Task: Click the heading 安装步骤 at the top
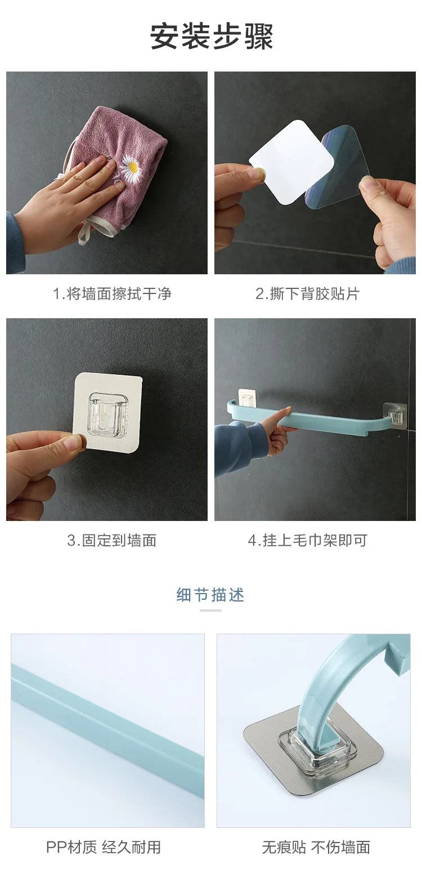point(211,37)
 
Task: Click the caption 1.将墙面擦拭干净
point(112,293)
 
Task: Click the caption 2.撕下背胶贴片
point(307,293)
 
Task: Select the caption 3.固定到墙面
point(112,541)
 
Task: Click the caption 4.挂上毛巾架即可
point(307,541)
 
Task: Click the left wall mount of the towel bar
point(245,399)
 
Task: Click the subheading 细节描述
point(210,595)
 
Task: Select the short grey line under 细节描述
point(210,610)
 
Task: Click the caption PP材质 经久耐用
point(104,847)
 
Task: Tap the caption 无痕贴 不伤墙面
point(316,847)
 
